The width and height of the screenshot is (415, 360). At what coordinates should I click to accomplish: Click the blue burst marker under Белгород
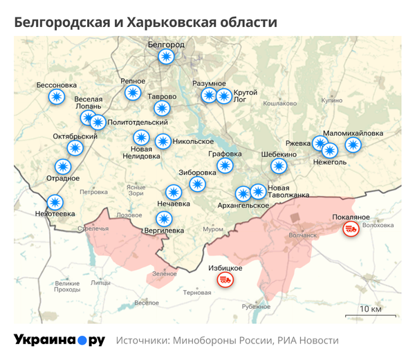(165, 57)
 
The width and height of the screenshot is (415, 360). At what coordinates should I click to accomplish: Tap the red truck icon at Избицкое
(225, 280)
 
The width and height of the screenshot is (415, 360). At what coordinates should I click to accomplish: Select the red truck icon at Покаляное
(351, 228)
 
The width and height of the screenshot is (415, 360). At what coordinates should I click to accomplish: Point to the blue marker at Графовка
(225, 165)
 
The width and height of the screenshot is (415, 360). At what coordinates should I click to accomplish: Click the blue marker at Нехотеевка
(55, 202)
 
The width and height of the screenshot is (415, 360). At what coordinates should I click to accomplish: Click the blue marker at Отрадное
(63, 166)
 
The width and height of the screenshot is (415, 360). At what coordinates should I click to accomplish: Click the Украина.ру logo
(59, 340)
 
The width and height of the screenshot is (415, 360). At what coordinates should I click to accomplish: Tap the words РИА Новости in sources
(308, 341)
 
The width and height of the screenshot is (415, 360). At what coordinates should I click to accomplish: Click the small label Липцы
(100, 282)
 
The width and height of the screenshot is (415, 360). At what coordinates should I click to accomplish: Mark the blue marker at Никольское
(163, 141)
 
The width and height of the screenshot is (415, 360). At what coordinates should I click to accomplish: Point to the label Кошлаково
(279, 102)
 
